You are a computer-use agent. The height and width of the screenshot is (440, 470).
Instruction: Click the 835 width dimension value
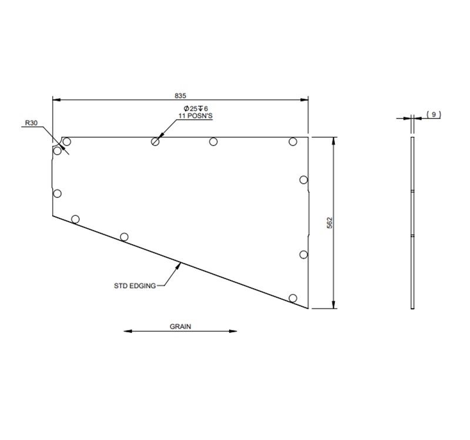(180, 94)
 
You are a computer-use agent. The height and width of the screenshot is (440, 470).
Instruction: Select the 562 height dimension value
(330, 223)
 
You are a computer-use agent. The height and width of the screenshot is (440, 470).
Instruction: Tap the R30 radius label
(31, 124)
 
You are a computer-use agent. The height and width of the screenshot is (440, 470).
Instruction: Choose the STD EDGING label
(135, 286)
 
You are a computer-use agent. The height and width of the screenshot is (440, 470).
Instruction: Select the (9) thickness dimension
(433, 114)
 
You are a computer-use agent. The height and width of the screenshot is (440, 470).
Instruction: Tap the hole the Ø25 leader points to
(156, 141)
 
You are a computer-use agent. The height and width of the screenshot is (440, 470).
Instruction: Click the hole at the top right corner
(293, 141)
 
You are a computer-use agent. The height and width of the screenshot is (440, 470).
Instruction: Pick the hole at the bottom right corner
(293, 298)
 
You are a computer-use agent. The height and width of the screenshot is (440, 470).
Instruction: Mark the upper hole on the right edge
(304, 180)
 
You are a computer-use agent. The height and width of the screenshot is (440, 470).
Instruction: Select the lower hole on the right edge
(304, 254)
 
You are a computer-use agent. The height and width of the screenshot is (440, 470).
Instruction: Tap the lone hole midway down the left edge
(57, 193)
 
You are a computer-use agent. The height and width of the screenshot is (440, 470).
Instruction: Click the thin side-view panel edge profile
(412, 223)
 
